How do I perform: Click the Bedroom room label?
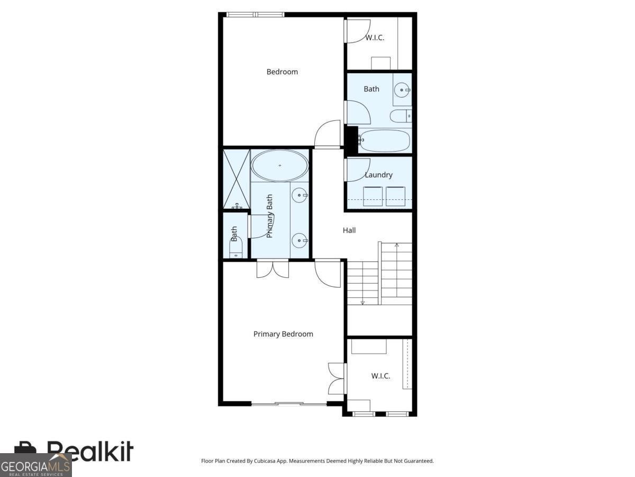[282, 72]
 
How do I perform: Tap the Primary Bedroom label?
[283, 334]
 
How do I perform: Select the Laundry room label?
[378, 174]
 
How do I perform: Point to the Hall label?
[349, 230]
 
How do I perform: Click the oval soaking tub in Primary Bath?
[279, 165]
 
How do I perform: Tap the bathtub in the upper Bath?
[384, 140]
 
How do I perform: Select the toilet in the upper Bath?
[400, 116]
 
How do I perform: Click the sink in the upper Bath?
[403, 90]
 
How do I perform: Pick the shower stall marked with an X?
[235, 179]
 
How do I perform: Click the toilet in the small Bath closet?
[235, 248]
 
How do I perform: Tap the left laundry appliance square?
[373, 196]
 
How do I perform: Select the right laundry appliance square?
[396, 196]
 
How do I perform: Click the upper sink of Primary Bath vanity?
[300, 196]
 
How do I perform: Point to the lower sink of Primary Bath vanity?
[300, 241]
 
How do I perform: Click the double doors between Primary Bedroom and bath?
[273, 268]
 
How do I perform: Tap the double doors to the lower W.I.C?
[337, 378]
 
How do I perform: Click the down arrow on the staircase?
[363, 302]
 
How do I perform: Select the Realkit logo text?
[90, 452]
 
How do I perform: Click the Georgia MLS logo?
[35, 466]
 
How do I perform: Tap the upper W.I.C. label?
[375, 38]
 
